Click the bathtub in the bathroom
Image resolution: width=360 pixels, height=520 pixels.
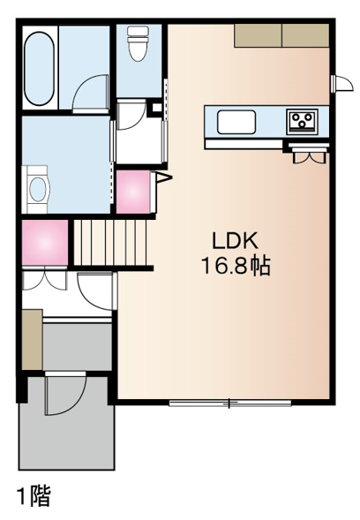tap(40, 68)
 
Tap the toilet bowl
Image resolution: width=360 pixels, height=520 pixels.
tap(138, 44)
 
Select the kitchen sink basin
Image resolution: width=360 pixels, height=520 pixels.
tap(236, 122)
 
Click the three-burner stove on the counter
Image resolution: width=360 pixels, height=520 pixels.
tap(302, 122)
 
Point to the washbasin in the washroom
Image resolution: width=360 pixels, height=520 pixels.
tap(37, 189)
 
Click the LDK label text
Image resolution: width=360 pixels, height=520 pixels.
tap(235, 241)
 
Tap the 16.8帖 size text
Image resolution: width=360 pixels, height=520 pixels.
tap(236, 266)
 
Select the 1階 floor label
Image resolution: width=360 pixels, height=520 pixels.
tap(34, 495)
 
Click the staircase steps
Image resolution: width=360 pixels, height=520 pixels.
tap(109, 242)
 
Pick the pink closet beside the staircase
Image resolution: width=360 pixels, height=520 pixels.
tap(45, 243)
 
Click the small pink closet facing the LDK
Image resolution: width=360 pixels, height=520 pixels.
tap(133, 192)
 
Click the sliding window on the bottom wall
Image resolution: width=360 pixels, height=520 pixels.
tap(230, 403)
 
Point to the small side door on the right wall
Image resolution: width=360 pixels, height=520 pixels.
tap(341, 84)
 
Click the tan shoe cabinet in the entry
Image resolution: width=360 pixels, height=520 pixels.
tap(32, 339)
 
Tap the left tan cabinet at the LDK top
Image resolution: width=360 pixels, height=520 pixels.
tap(258, 35)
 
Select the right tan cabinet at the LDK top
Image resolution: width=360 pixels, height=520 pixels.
tap(305, 35)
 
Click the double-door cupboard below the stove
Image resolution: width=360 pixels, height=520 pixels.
tap(310, 154)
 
